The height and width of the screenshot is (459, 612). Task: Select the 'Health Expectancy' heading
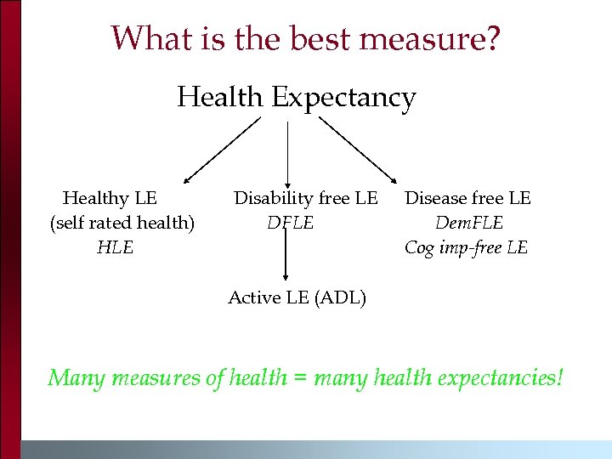pyautogui.click(x=296, y=98)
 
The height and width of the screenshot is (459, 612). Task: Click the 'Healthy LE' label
pyautogui.click(x=110, y=198)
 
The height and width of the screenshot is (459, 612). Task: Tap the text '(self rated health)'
pyautogui.click(x=122, y=223)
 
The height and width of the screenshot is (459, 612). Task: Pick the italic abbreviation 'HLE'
pyautogui.click(x=115, y=247)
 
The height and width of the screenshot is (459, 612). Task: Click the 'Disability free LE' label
pyautogui.click(x=306, y=198)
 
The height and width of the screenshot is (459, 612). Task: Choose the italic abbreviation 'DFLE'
pyautogui.click(x=291, y=223)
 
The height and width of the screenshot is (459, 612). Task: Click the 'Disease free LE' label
pyautogui.click(x=467, y=198)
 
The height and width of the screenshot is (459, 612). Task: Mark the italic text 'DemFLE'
pyautogui.click(x=469, y=223)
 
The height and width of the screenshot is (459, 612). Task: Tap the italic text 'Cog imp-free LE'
pyautogui.click(x=466, y=247)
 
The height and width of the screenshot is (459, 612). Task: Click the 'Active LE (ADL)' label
pyautogui.click(x=297, y=297)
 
